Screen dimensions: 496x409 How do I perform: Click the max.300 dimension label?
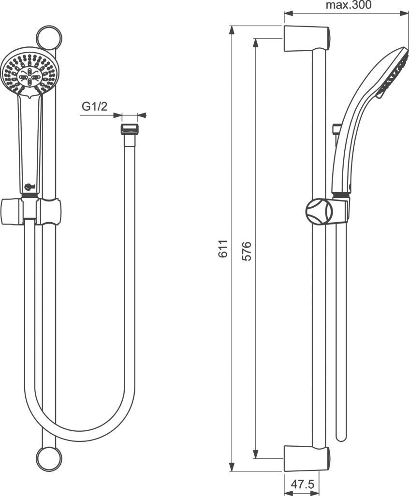(348, 5)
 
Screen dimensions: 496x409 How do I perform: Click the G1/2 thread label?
(94, 107)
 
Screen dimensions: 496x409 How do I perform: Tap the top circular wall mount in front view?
(49, 37)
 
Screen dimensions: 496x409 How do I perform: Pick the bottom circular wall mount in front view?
(49, 457)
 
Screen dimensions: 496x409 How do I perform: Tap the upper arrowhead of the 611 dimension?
(233, 29)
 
